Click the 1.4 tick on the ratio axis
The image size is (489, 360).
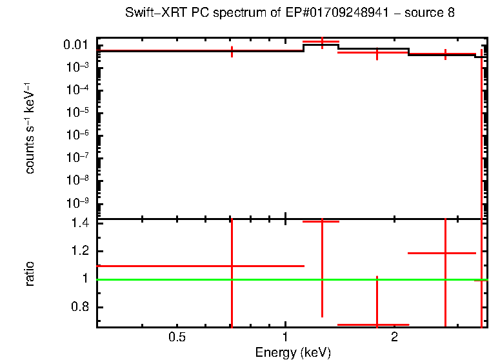tap(81, 223)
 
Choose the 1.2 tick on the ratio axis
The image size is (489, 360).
tap(81, 251)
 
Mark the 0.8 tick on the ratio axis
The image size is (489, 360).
tap(81, 306)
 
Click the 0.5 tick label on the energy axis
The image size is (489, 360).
tap(177, 337)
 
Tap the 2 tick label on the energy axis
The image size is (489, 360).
tap(394, 337)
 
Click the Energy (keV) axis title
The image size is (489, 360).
tap(293, 352)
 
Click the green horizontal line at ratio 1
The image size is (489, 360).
tap(194, 279)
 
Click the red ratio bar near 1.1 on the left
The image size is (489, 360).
tap(161, 266)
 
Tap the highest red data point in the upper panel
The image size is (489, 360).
tap(321, 42)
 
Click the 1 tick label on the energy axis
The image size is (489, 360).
tap(285, 337)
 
